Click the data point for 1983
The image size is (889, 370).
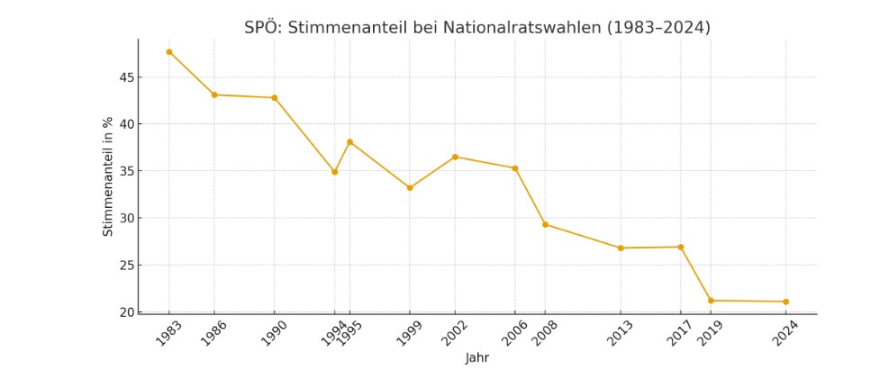(168, 52)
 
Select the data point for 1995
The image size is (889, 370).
(349, 142)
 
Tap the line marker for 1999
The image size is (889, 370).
(410, 188)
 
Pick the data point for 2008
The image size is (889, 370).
(545, 224)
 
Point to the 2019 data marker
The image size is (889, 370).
(711, 301)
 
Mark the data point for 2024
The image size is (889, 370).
(785, 302)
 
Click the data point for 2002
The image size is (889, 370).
(455, 157)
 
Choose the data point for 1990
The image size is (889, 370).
(274, 98)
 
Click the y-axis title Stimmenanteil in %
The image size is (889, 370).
(108, 176)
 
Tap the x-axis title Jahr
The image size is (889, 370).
(477, 358)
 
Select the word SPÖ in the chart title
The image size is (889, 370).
(261, 28)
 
